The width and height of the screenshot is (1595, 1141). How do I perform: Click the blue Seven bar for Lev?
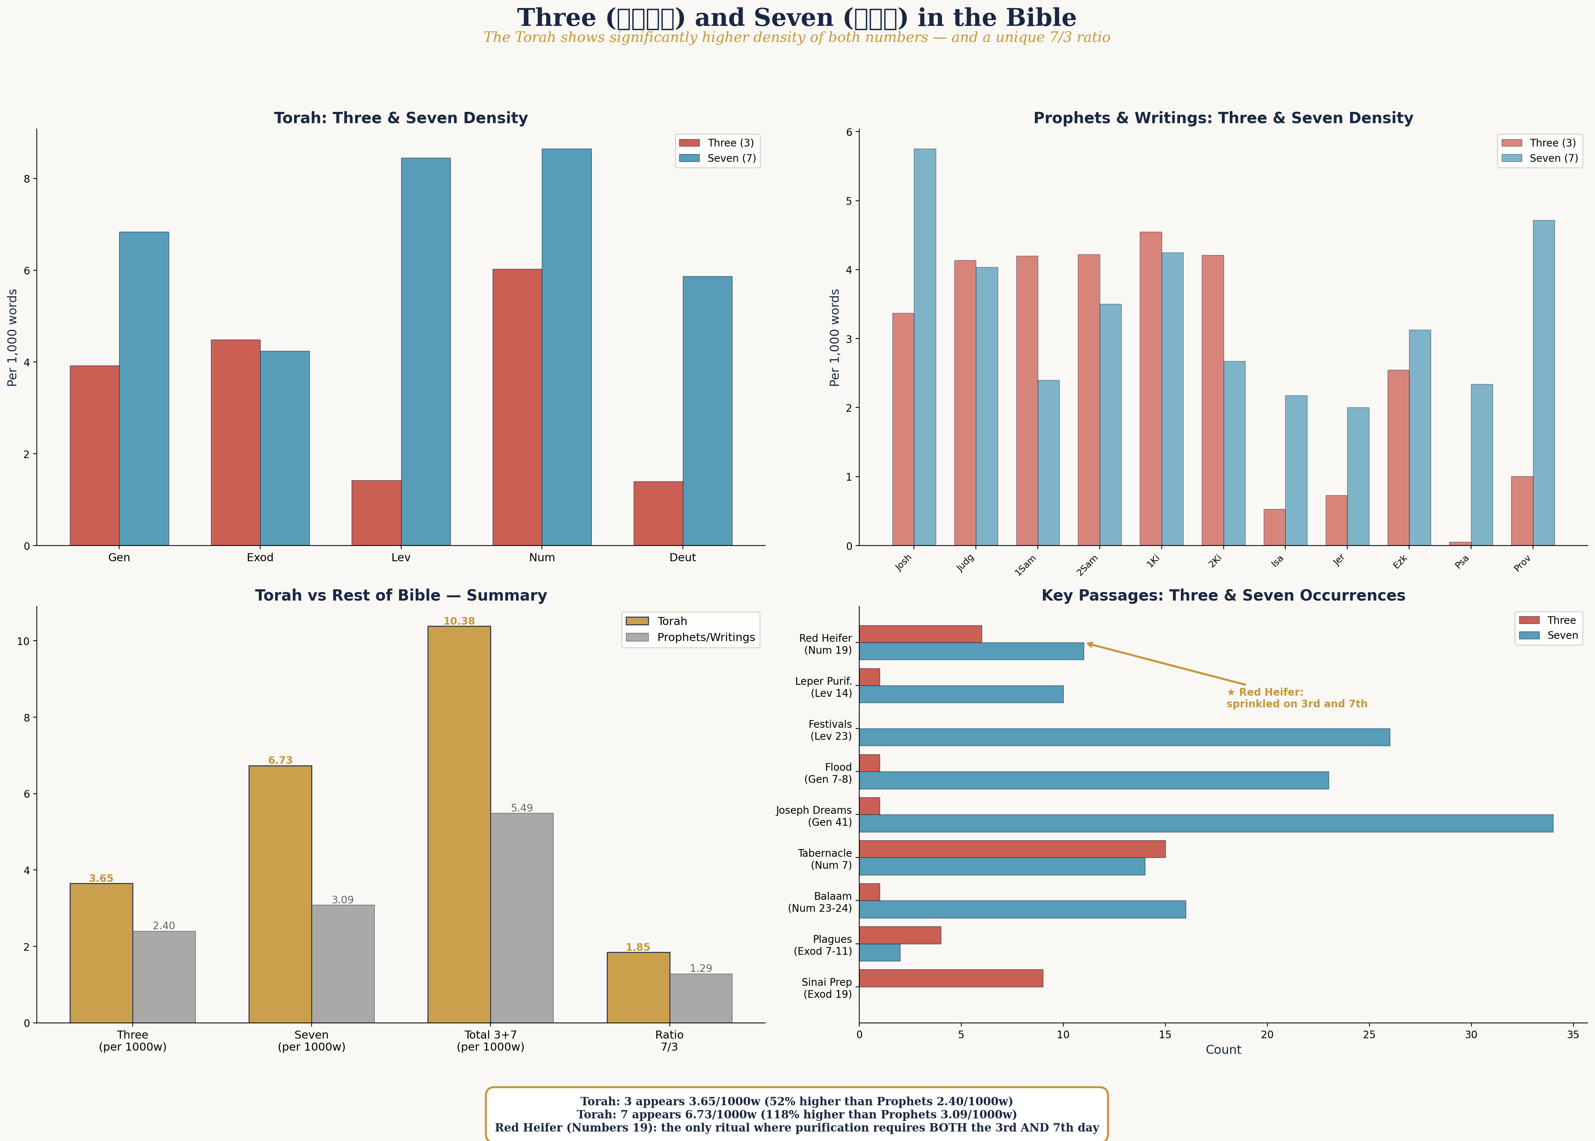[425, 351]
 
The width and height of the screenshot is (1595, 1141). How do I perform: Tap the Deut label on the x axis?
[682, 557]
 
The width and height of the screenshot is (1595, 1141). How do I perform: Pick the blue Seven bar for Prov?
[1544, 383]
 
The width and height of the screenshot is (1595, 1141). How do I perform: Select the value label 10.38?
[459, 621]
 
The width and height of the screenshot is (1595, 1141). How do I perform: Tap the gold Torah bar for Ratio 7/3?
[638, 987]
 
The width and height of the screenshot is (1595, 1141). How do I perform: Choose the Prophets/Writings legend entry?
[705, 637]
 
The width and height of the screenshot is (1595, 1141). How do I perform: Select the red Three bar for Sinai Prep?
[951, 978]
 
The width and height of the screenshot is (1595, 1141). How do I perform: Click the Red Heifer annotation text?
[1297, 698]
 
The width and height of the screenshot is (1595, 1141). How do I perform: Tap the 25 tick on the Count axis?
[1369, 1034]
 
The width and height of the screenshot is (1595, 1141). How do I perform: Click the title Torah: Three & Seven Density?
[400, 118]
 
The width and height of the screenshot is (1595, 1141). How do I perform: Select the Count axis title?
[1223, 1050]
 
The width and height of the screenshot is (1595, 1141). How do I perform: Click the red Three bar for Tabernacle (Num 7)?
[1012, 849]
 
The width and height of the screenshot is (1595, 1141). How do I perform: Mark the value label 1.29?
[700, 968]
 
